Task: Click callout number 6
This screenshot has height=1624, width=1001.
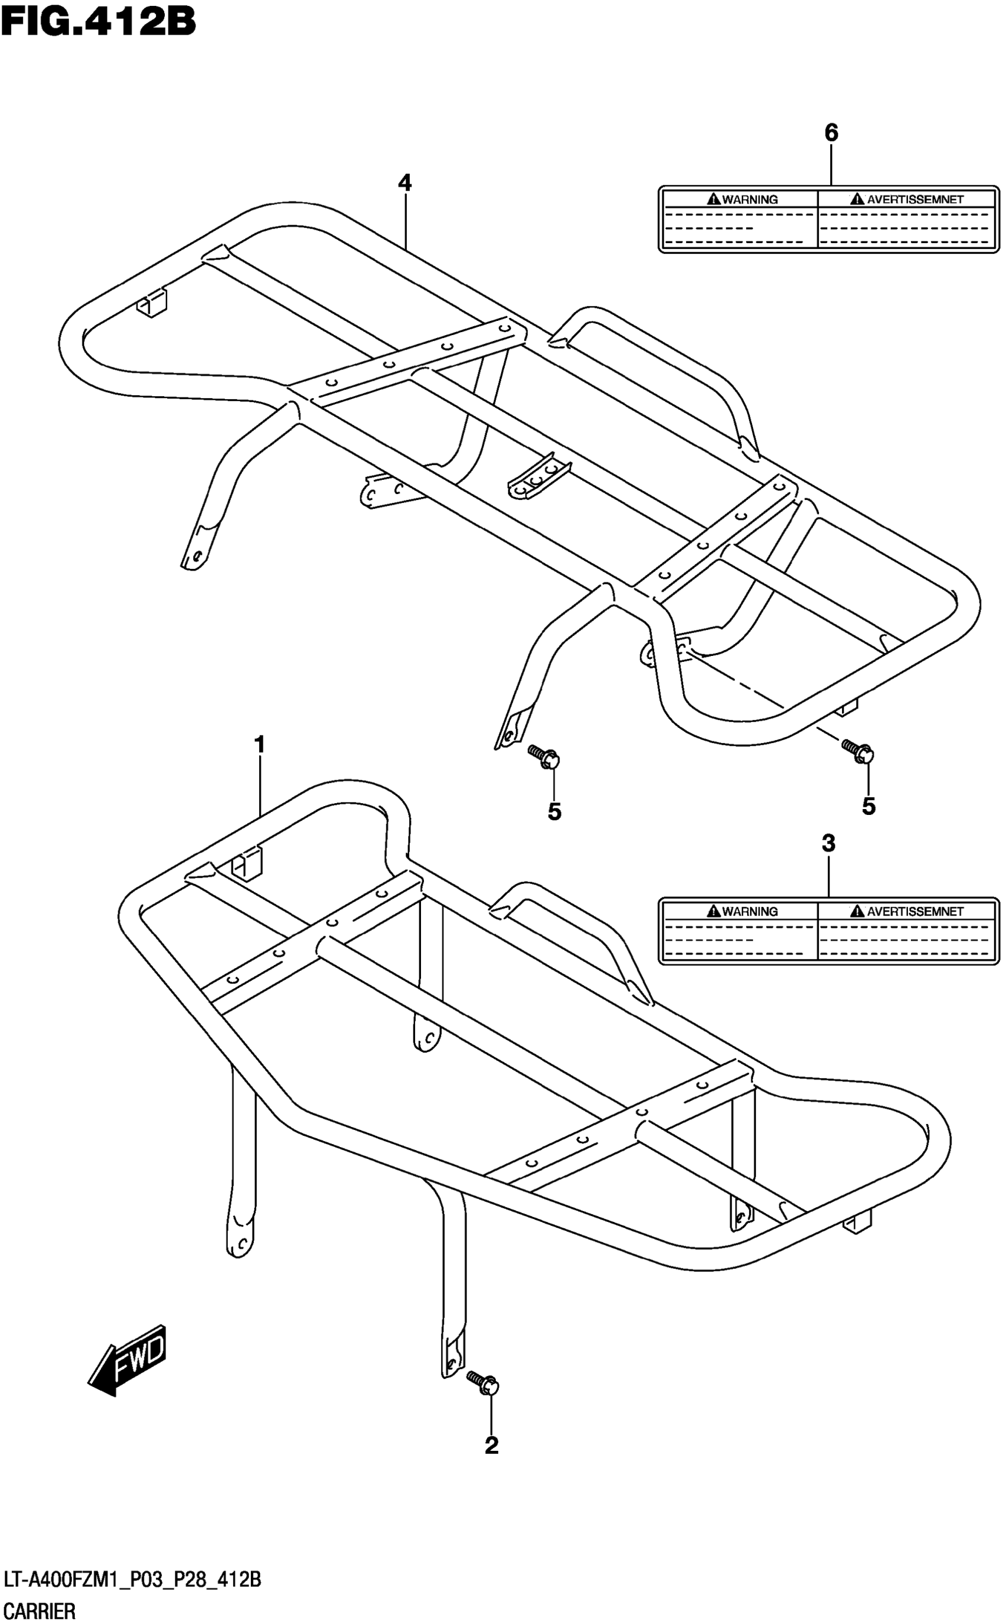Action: point(831,133)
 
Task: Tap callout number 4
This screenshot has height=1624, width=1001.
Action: point(405,183)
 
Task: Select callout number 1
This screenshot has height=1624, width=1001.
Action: point(260,745)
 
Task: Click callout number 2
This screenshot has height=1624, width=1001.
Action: point(491,1445)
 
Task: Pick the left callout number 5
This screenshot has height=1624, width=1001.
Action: point(554,811)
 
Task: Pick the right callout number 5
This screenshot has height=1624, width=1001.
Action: point(869,806)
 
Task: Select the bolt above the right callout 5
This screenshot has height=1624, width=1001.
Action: point(858,751)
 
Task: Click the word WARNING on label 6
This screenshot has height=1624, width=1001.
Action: point(750,199)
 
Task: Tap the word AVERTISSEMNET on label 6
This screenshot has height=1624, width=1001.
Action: point(915,199)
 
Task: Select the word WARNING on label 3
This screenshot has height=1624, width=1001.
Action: point(750,912)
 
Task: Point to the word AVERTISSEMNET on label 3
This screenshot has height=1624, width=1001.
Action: point(915,912)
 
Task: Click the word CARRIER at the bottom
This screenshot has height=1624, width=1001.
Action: point(39,1611)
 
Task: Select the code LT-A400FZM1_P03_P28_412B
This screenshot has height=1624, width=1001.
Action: point(132,1580)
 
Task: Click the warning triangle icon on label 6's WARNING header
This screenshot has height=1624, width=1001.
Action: point(714,198)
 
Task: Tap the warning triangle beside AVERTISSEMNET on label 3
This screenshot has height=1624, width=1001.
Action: point(858,911)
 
